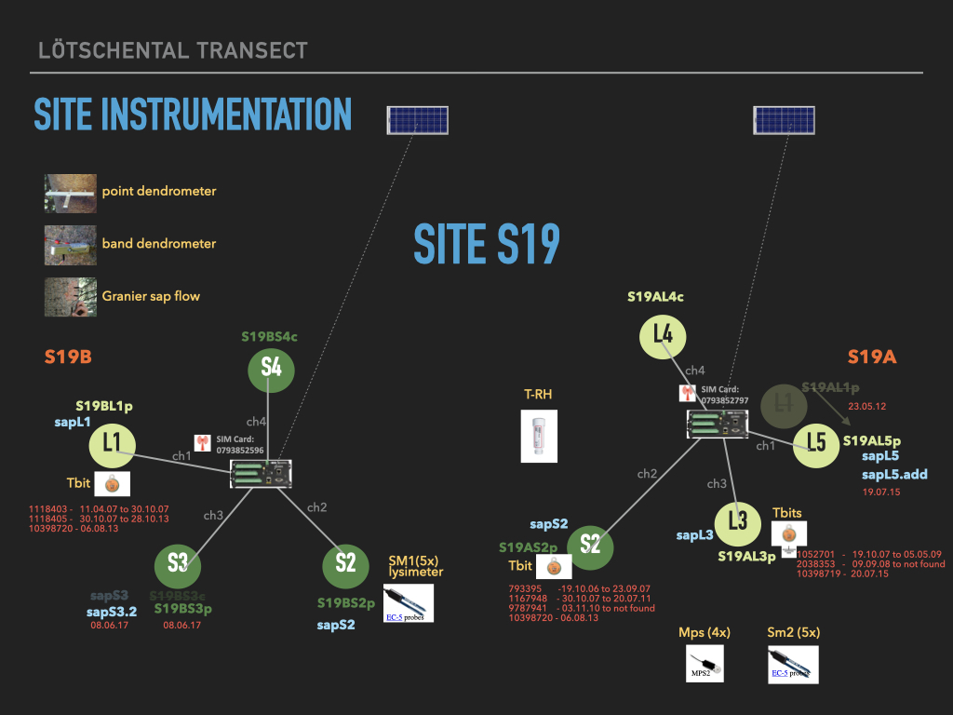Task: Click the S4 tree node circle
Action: pos(271,369)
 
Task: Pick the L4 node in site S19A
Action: pos(663,334)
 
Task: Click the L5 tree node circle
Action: pos(816,443)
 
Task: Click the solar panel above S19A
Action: pos(783,119)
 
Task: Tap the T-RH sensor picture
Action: pos(538,435)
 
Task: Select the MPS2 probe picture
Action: pos(705,665)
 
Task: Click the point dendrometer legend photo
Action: pos(70,192)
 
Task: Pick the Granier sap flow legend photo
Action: pos(70,297)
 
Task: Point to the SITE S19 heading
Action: pos(487,245)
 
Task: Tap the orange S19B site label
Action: pos(68,357)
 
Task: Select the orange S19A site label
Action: pos(871,357)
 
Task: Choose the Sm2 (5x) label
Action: pos(794,633)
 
